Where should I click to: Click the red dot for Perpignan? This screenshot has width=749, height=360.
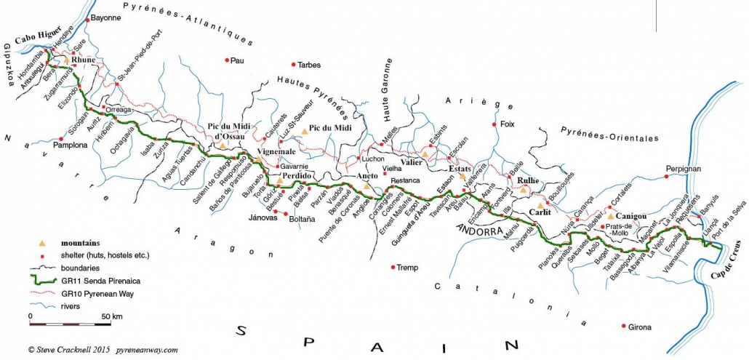click(x=667, y=175)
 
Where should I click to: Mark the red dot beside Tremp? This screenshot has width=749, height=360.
click(x=393, y=267)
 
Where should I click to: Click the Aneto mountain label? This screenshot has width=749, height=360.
click(x=367, y=177)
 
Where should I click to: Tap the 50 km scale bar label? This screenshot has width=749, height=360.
click(x=111, y=316)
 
